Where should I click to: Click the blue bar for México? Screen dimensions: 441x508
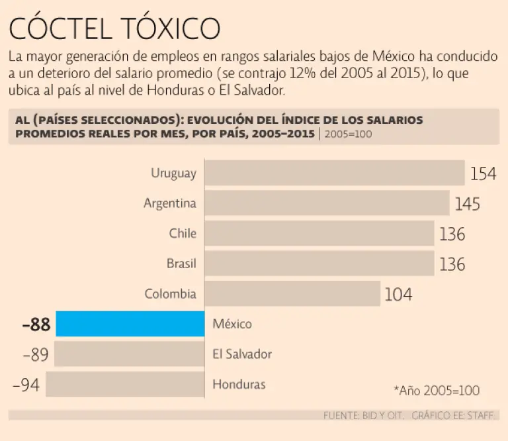(130, 324)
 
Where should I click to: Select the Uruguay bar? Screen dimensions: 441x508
(334, 173)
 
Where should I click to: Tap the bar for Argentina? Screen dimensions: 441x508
(327, 203)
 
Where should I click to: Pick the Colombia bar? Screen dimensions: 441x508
(292, 293)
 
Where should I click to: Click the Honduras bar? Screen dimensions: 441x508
(125, 384)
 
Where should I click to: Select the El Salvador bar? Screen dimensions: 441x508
(130, 354)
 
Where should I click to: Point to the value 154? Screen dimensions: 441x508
(483, 174)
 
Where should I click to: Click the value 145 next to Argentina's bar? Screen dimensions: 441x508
(467, 204)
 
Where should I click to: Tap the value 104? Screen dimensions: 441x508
(398, 294)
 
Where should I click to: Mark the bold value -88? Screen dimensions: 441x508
(36, 325)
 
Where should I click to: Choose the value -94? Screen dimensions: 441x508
(26, 385)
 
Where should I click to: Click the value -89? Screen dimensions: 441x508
(36, 355)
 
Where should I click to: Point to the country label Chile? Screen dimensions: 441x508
(183, 234)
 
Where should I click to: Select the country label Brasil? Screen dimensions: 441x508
(181, 264)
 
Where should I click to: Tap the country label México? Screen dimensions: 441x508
(232, 324)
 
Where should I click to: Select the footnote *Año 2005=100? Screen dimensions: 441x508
(437, 390)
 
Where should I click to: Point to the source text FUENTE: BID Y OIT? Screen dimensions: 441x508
(362, 416)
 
